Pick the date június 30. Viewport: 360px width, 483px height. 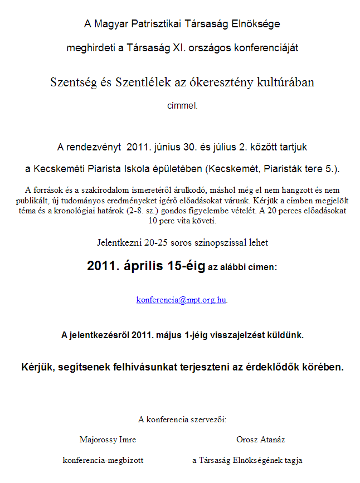172,147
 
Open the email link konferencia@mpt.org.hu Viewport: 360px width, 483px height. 181,299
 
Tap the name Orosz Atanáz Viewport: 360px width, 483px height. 260,440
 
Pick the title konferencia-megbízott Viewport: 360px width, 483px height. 103,460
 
